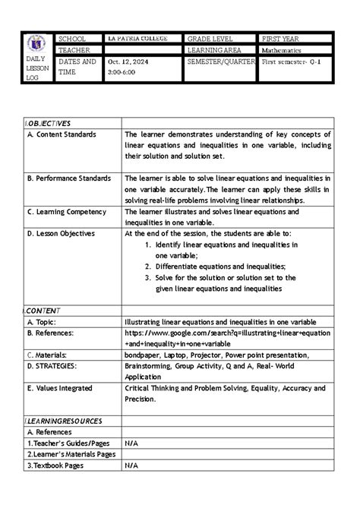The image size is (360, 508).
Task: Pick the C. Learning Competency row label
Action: (65, 212)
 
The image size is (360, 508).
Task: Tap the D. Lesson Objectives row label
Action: (60, 234)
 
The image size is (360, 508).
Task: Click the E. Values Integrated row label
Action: (65, 388)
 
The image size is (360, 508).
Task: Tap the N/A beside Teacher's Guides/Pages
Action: (132, 443)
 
